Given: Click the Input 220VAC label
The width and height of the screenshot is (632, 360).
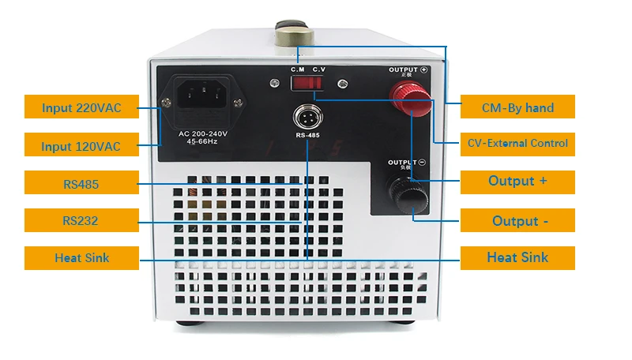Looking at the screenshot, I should tap(81, 107).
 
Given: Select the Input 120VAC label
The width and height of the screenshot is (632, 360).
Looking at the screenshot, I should tap(81, 145).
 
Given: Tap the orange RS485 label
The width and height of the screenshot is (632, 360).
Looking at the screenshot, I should tap(81, 183).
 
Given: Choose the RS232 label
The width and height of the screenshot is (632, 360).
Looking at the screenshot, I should tap(81, 220).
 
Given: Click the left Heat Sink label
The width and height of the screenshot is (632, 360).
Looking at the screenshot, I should tap(81, 257).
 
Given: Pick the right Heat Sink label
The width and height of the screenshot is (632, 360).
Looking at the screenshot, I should tap(517, 257).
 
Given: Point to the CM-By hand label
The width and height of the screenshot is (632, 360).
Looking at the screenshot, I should tap(517, 107).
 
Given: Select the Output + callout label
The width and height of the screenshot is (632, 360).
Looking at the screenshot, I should tap(517, 182).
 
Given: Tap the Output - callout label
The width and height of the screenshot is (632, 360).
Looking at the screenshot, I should tap(517, 220).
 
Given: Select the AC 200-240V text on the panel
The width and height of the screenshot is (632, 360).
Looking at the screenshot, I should tap(202, 134).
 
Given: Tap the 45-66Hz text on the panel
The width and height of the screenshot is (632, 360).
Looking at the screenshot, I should tap(202, 143).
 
